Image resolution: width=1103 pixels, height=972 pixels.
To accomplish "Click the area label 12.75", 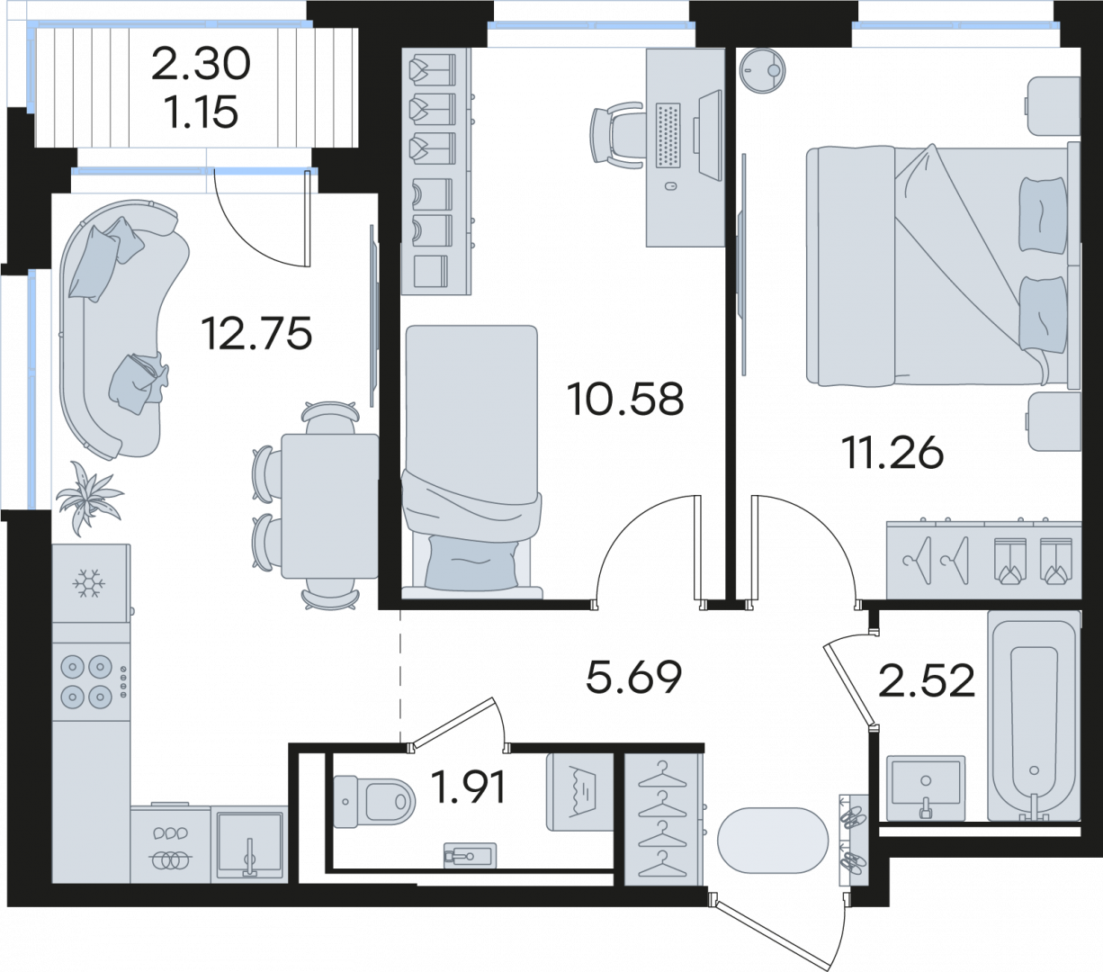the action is pyautogui.click(x=256, y=333).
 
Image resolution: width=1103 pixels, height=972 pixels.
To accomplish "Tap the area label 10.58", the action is pyautogui.click(x=625, y=399).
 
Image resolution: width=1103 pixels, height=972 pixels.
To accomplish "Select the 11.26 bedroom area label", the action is pyautogui.click(x=892, y=453).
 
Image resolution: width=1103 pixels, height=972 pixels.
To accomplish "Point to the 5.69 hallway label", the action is pyautogui.click(x=633, y=677).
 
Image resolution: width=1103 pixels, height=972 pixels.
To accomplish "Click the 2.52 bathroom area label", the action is pyautogui.click(x=927, y=680).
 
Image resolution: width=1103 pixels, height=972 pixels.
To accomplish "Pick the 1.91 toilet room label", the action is pyautogui.click(x=468, y=787).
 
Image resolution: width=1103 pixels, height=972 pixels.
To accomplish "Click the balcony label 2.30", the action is pyautogui.click(x=201, y=64).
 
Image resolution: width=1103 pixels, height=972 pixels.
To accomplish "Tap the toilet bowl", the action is pyautogui.click(x=374, y=802).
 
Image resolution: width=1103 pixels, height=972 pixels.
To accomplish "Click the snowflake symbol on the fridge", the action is pyautogui.click(x=89, y=583).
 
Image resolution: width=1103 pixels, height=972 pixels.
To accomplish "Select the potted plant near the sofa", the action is pyautogui.click(x=88, y=498).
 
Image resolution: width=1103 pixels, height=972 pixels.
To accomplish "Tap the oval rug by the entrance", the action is pyautogui.click(x=773, y=841).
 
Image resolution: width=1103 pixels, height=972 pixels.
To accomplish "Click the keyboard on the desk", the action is pyautogui.click(x=668, y=135).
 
